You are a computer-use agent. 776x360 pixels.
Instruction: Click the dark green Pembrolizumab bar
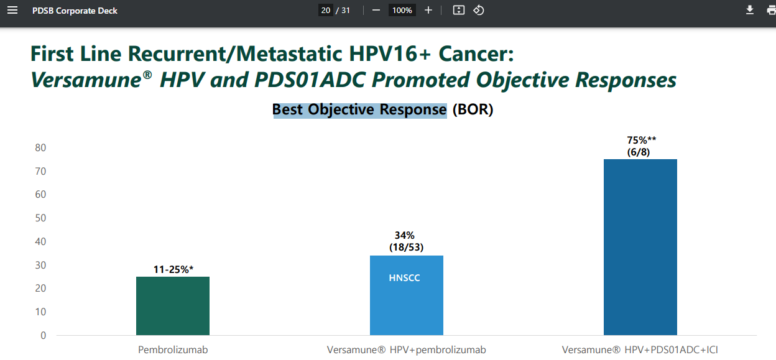coord(172,306)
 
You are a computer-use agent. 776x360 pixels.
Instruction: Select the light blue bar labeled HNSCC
coord(407,295)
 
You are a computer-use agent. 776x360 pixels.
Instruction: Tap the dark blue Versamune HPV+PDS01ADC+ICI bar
coord(640,247)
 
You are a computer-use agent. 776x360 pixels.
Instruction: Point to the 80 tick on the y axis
coord(40,147)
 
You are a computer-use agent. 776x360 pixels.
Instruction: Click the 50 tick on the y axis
coord(40,218)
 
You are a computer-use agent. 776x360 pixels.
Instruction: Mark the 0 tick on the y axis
coord(44,335)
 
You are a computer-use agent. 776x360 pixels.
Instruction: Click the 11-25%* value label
coord(173,269)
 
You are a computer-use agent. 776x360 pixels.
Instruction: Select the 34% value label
coord(405,235)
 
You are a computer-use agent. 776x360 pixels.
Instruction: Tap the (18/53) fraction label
coord(407,247)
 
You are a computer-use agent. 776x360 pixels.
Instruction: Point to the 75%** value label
coord(642,140)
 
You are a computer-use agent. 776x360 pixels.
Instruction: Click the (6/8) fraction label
coord(639,152)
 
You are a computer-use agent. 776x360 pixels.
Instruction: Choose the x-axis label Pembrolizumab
coord(173,349)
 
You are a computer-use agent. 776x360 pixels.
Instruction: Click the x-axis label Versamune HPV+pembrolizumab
coord(407,349)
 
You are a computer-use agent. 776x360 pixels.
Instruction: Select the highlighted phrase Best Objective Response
coord(359,109)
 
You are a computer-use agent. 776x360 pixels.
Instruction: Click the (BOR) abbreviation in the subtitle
coord(473,109)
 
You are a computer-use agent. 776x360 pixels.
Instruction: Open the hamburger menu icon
coord(12,11)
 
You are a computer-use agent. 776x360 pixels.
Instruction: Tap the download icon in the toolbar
coord(750,10)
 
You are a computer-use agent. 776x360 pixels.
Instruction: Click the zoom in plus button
coord(428,11)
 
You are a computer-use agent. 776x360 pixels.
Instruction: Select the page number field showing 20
coord(326,11)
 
